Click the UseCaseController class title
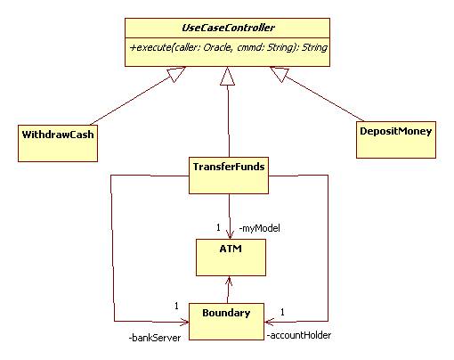point(228,28)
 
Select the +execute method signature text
point(229,47)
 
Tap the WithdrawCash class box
point(58,143)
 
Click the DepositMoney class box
point(396,140)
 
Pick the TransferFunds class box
point(229,176)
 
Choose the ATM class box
point(231,258)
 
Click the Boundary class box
point(226,322)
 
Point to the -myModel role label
point(259,228)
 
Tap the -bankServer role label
point(155,338)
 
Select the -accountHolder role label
point(299,335)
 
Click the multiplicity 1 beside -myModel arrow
point(218,227)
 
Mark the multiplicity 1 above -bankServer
point(176,306)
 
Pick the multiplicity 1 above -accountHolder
point(282,312)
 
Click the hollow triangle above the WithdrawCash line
point(175,73)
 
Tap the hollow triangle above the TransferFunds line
point(228,76)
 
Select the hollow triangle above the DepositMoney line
point(280,73)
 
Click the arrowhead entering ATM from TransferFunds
point(230,234)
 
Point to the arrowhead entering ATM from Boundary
point(229,281)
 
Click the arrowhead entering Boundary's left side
point(184,322)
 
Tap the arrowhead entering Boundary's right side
point(270,322)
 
